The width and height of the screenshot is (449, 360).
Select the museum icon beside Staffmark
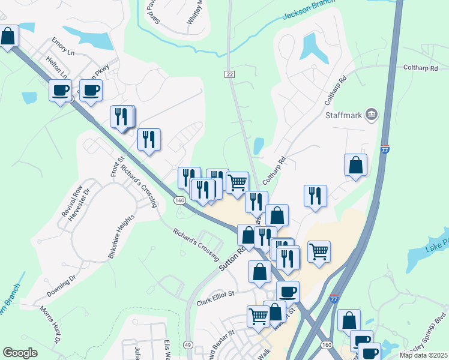pos(372,114)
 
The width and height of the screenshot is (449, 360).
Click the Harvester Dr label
pos(78,205)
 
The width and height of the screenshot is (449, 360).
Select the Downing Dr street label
pos(62,286)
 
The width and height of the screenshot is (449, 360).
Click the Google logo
pos(20,353)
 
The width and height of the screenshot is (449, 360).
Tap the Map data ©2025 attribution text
pos(424,355)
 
